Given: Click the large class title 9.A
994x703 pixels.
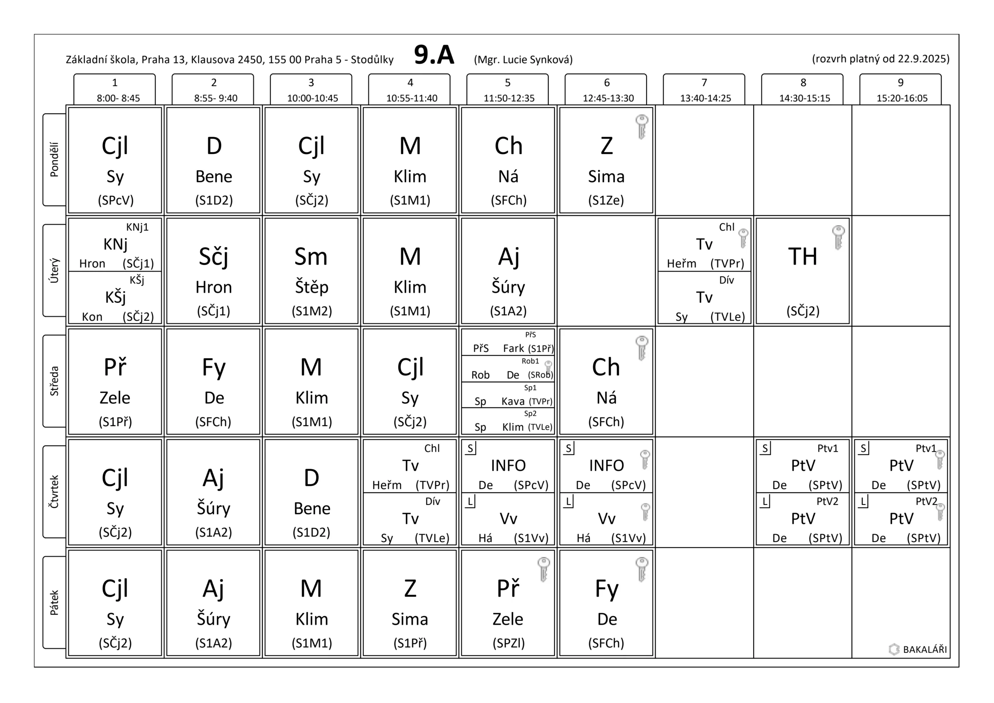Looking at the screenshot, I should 434,56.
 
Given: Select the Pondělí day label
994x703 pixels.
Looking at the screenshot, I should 54,159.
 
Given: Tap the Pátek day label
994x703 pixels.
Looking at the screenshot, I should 54,602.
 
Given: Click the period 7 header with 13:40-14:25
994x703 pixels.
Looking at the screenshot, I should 704,90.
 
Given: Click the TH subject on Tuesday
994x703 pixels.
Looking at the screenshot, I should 803,256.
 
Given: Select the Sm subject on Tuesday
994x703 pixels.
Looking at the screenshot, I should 311,256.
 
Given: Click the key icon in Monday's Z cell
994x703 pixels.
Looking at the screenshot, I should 641,127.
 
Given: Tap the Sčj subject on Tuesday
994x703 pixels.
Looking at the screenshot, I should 214,256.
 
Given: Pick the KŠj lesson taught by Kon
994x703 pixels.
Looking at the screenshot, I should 115,298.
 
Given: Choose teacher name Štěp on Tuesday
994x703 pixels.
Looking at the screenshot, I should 312,287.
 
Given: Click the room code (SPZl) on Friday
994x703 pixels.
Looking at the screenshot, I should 508,643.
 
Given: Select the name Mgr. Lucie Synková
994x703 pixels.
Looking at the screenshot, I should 523,59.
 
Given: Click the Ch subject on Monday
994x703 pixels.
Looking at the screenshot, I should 508,146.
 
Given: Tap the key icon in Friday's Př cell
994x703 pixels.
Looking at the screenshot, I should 543,569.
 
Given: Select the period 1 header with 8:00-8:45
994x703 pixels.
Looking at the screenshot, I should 115,90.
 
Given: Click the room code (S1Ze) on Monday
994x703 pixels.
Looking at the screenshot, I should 606,200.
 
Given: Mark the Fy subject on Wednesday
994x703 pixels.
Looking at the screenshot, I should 214,367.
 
